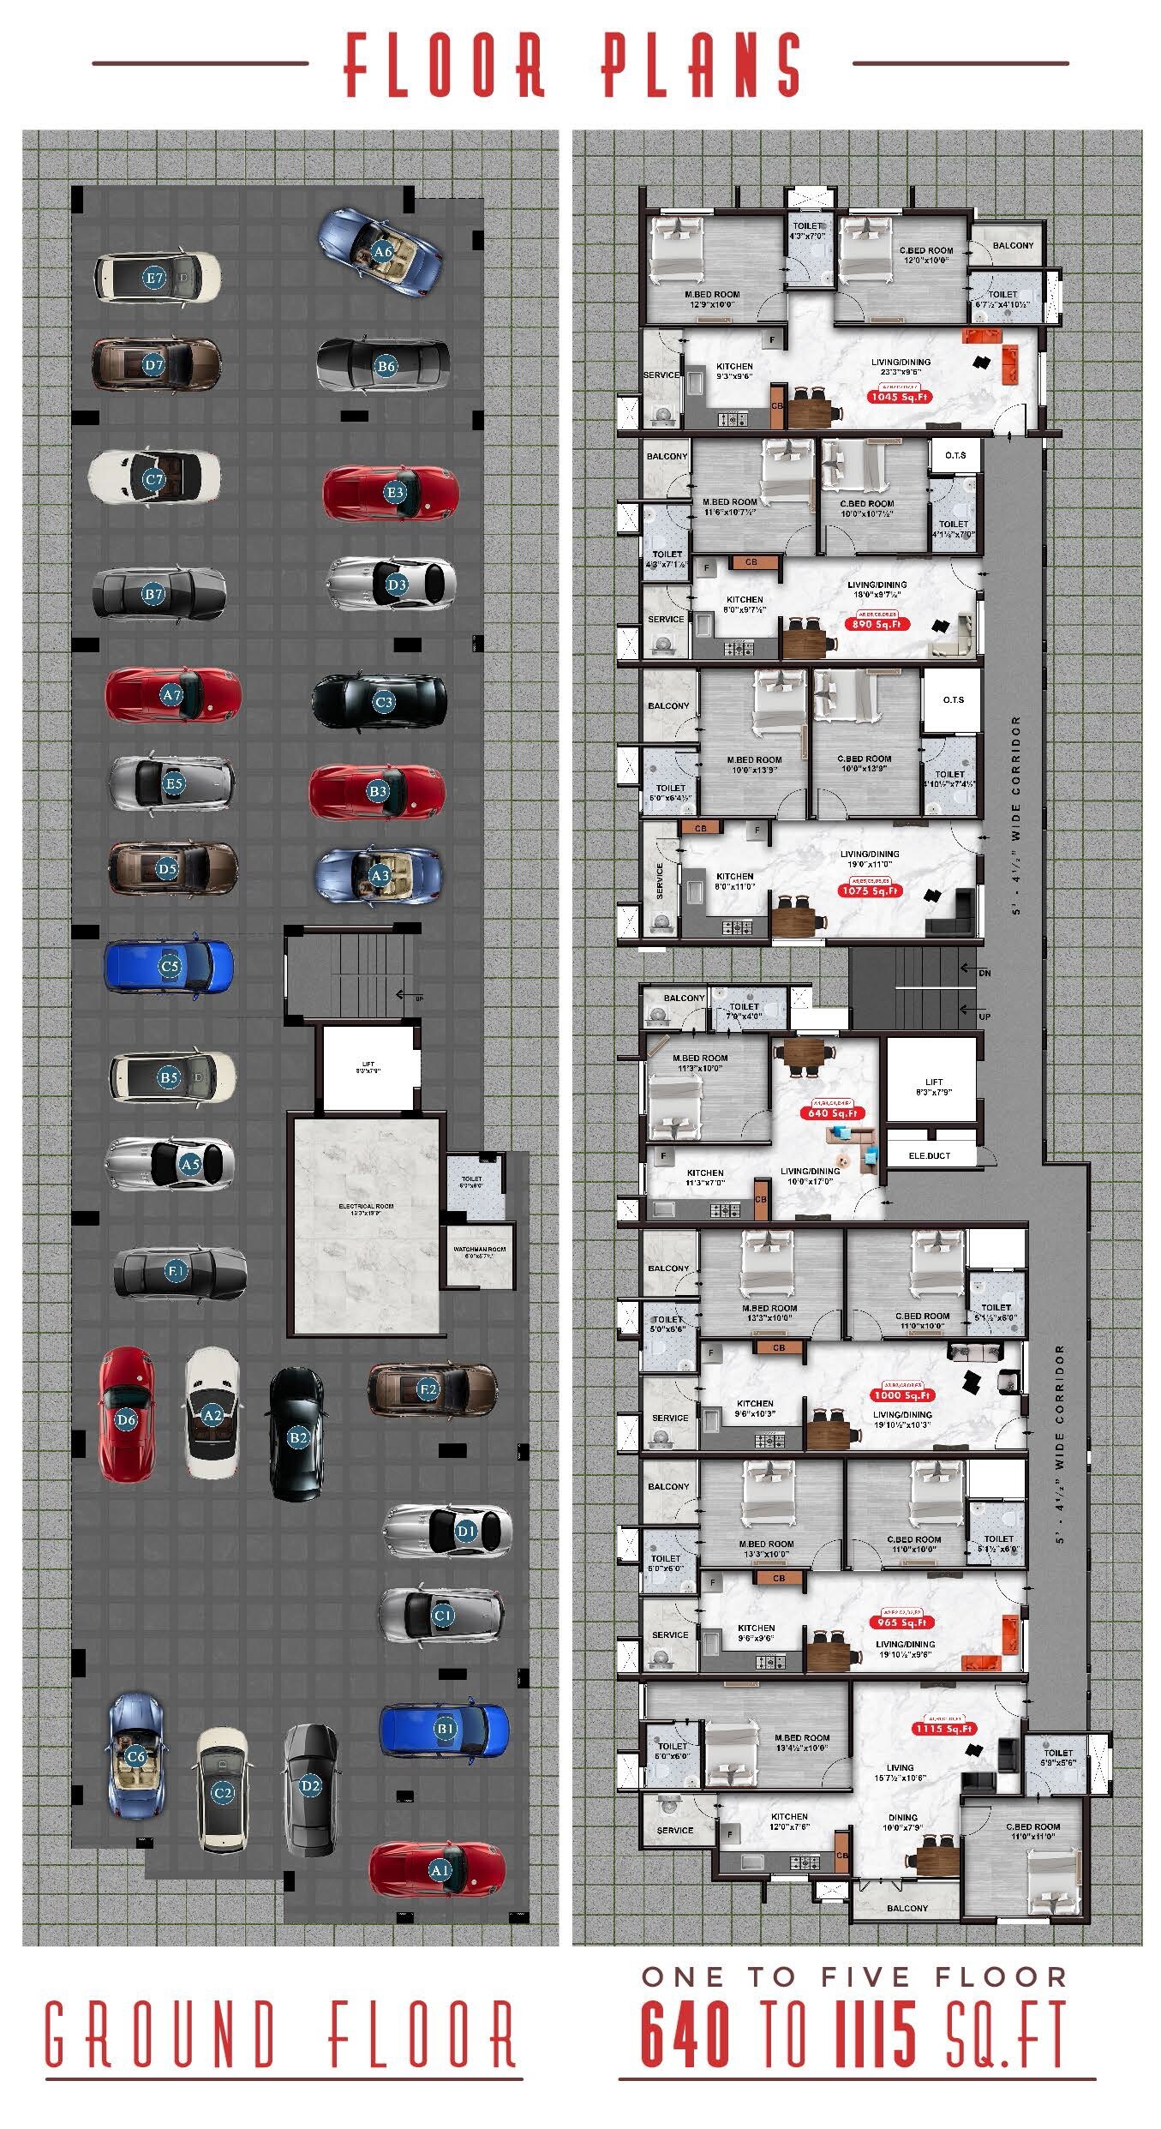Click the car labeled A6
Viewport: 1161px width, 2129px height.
point(381,253)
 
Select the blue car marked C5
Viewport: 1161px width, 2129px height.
point(169,967)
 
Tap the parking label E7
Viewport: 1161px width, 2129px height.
point(154,278)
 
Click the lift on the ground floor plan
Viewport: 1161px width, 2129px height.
point(368,1069)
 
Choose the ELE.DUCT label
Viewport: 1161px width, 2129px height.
point(930,1155)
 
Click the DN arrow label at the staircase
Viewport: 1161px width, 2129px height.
point(984,973)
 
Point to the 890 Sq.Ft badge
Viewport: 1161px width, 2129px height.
point(877,624)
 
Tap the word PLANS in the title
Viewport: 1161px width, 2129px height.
point(701,64)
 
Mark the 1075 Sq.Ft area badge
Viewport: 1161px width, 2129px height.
point(870,891)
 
